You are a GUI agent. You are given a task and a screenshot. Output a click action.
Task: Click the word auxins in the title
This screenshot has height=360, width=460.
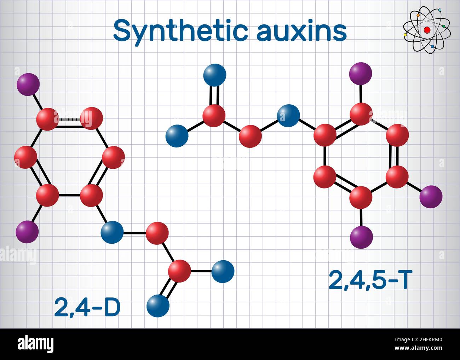click(x=302, y=31)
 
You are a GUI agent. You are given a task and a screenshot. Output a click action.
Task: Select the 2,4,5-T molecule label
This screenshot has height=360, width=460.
click(x=368, y=280)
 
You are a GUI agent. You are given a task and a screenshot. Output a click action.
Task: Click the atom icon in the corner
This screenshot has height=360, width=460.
click(x=427, y=30)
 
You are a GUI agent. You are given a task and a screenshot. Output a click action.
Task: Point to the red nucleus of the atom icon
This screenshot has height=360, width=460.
click(x=427, y=30)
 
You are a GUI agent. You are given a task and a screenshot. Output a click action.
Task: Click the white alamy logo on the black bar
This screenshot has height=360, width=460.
click(x=36, y=344)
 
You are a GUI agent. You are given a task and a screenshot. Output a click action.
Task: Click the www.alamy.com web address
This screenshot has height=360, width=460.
click(x=418, y=348)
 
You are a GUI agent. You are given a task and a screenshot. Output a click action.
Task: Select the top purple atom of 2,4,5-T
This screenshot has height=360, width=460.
click(x=361, y=74)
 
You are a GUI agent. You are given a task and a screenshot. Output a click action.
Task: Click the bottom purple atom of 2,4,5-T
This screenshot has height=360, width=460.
click(x=361, y=237)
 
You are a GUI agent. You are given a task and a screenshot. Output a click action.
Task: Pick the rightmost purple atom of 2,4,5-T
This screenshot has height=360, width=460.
click(x=431, y=197)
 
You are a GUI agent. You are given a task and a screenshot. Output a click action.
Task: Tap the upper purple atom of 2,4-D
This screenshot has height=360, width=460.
click(x=28, y=85)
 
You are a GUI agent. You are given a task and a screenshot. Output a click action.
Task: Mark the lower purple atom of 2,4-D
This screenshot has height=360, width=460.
click(x=27, y=232)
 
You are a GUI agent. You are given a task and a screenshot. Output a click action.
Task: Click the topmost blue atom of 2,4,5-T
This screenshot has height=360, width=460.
click(x=215, y=75)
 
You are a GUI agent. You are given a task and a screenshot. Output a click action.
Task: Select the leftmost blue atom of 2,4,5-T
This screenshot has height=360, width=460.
click(x=177, y=136)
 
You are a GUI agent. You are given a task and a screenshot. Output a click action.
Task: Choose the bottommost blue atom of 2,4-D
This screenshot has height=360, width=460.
click(x=158, y=306)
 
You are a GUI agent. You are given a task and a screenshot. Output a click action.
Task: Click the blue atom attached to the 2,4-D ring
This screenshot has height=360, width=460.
click(x=112, y=232)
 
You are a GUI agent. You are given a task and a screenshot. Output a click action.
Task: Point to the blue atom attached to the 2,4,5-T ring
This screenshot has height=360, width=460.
click(x=288, y=116)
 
